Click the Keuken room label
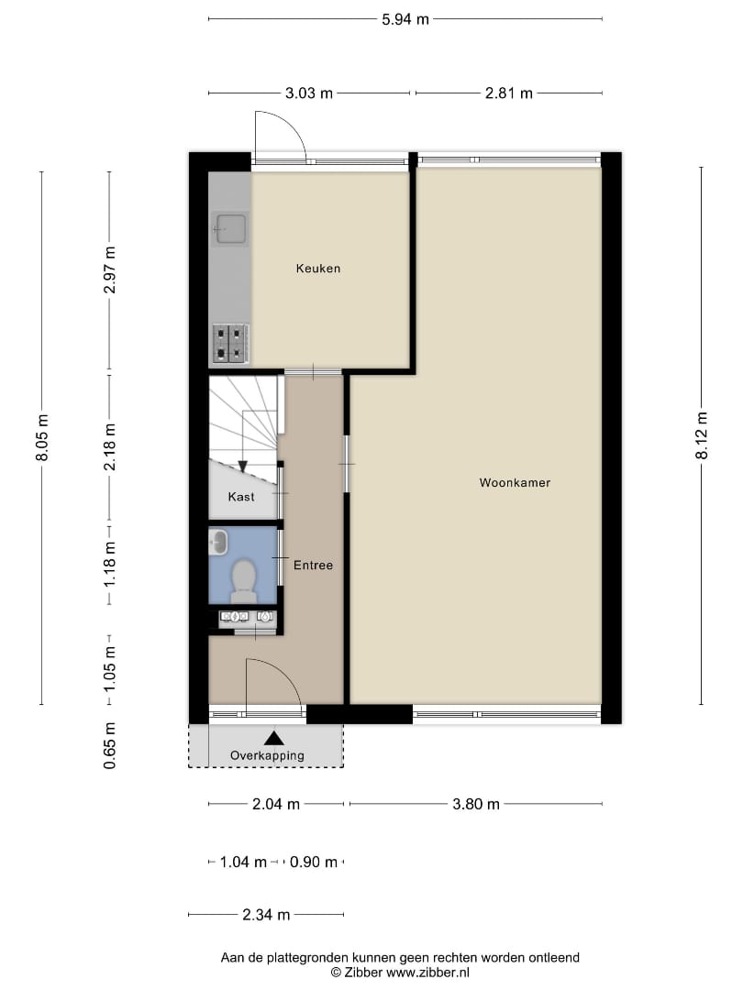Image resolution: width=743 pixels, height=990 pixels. click(317, 269)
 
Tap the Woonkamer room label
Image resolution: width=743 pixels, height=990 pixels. click(515, 482)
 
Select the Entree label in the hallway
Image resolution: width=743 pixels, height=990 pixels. click(313, 566)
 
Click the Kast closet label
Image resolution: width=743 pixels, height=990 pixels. click(241, 497)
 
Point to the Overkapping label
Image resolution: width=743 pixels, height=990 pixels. click(268, 755)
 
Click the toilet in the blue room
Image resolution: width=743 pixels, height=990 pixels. click(243, 580)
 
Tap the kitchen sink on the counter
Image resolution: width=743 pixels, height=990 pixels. click(230, 229)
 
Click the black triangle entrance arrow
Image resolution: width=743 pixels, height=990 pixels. click(273, 737)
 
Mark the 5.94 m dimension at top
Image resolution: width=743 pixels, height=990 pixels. click(405, 18)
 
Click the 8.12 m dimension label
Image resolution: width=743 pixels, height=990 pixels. click(703, 436)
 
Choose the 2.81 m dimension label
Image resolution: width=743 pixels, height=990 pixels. click(508, 93)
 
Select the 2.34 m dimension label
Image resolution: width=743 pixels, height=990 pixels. click(266, 914)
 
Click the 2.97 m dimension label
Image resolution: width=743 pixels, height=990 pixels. click(109, 270)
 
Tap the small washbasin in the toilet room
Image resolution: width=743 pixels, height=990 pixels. click(217, 542)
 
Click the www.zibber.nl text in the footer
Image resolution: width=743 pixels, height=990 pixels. click(426, 972)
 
